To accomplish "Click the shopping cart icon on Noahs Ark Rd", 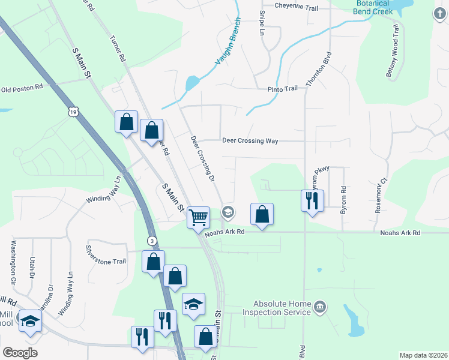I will pos(198,217).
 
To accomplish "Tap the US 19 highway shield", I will pos(73,112).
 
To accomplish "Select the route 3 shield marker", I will pos(153,241).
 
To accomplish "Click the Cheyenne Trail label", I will pos(296,7).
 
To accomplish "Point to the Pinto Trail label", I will pos(282,89).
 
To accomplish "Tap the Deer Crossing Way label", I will pos(250,140).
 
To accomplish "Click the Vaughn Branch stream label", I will pos(228,42).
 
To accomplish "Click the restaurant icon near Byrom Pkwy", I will pos(312,200).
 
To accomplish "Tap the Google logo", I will pos(20,353).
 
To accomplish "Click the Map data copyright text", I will pos(423,355).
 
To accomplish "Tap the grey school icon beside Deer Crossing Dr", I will pos(228,212).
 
